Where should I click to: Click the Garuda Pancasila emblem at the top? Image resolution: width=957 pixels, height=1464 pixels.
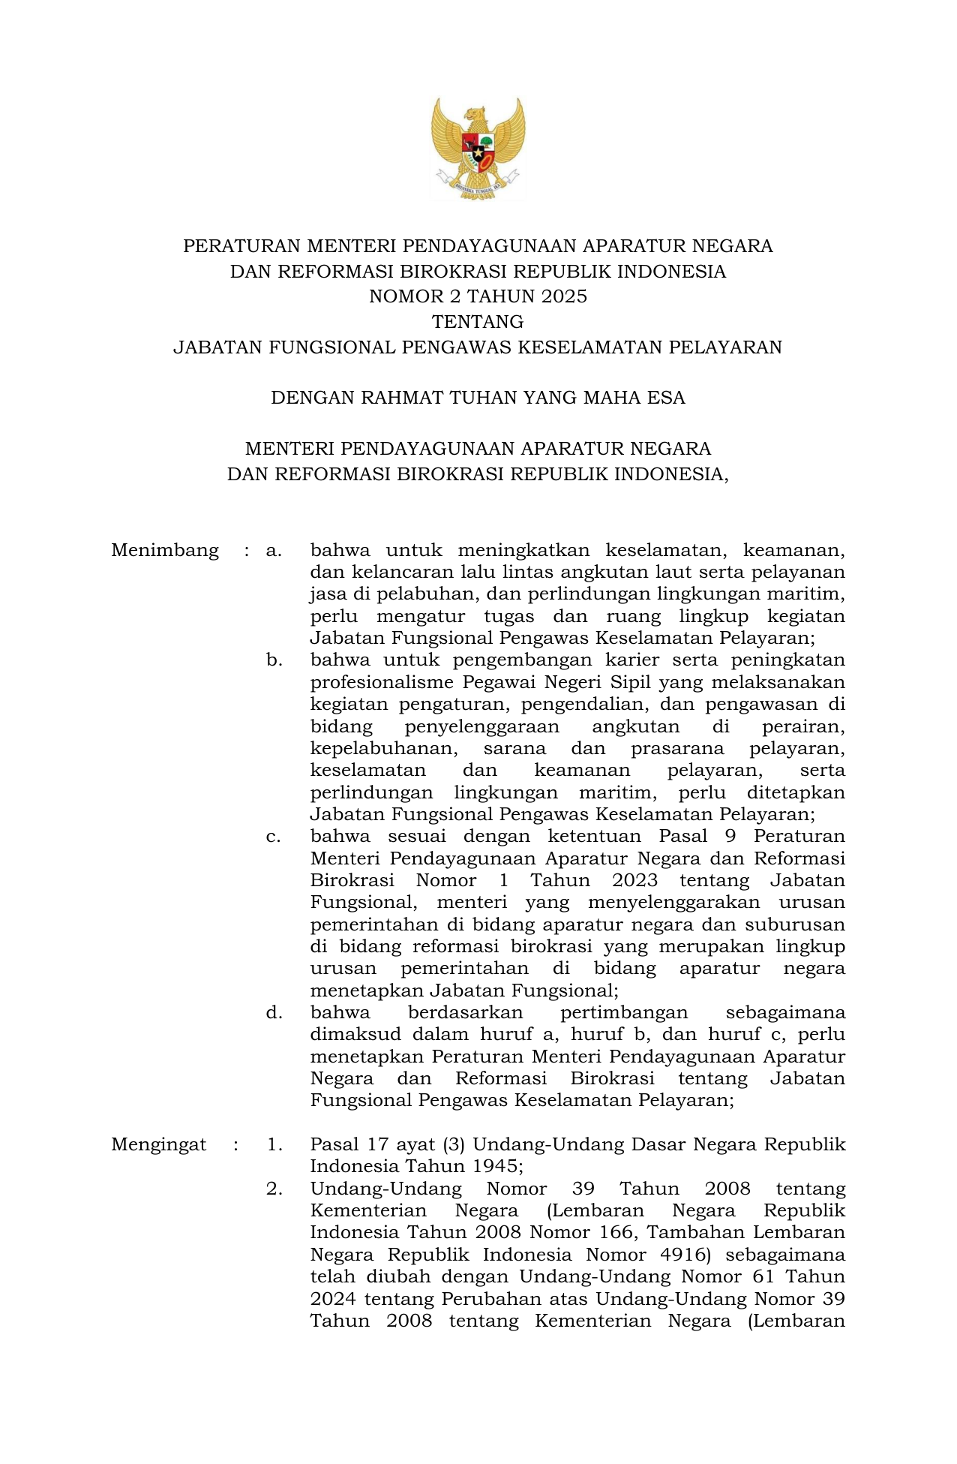coord(478,149)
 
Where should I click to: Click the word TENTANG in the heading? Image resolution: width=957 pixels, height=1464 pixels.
coord(478,322)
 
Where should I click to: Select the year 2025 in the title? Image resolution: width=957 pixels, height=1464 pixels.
coord(564,296)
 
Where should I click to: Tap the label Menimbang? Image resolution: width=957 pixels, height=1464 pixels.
coord(165,550)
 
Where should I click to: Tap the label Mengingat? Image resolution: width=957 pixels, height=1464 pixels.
coord(158,1144)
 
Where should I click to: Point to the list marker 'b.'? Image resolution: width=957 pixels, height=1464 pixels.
coord(274,660)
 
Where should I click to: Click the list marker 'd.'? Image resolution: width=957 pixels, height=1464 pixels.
coord(274,1012)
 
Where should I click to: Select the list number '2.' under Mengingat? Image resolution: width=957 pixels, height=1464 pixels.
coord(274,1189)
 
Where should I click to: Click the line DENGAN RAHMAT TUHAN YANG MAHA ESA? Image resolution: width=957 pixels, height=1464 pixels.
coord(478,398)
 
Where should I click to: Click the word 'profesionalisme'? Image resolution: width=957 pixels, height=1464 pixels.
coord(382,682)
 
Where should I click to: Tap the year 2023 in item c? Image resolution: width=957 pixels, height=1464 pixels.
coord(634,880)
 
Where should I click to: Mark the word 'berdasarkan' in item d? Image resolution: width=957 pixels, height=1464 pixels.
coord(465,1012)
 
